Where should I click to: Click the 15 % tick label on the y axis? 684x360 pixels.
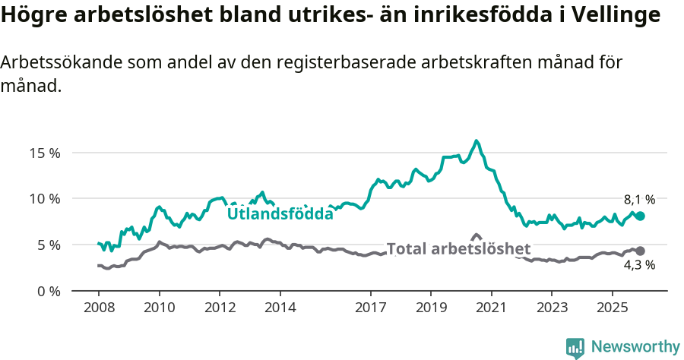click(x=44, y=153)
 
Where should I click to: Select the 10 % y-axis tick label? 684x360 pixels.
click(x=44, y=199)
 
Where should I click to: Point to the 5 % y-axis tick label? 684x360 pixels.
click(x=47, y=245)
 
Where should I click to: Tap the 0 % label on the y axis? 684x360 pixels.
click(x=47, y=292)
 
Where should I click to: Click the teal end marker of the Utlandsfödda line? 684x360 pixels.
click(x=640, y=216)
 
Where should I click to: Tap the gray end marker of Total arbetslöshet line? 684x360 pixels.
click(x=640, y=251)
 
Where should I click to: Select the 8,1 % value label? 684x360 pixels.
click(x=639, y=200)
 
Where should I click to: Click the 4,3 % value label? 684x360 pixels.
click(x=639, y=266)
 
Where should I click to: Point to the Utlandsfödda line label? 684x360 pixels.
click(x=280, y=214)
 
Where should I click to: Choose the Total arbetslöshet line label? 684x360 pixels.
click(x=458, y=248)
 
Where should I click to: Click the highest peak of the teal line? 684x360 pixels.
click(x=477, y=141)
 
